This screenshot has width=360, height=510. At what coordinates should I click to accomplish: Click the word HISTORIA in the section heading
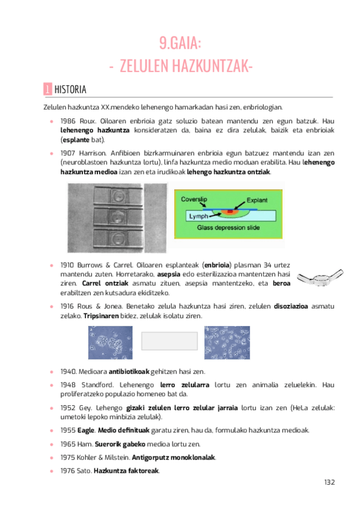[70, 90]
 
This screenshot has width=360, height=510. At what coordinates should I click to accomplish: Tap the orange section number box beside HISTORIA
[47, 90]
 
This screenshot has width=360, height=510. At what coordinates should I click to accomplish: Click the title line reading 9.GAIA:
[180, 43]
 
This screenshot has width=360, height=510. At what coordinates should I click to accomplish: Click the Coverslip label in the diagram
[192, 198]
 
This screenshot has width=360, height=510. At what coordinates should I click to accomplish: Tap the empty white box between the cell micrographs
[169, 341]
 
